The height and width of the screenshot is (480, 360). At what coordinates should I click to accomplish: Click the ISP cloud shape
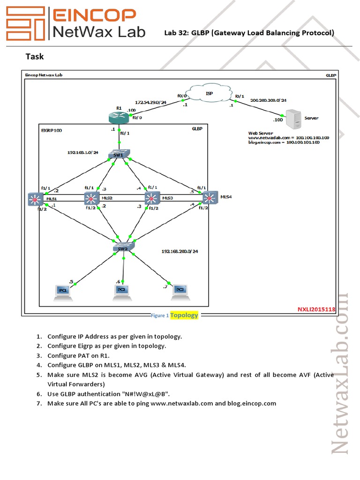tap(209, 94)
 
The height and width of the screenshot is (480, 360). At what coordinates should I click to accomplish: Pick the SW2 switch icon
tap(123, 247)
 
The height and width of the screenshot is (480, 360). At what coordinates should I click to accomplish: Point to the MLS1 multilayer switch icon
tap(34, 199)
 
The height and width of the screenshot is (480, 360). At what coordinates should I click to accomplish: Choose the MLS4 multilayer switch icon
tap(211, 197)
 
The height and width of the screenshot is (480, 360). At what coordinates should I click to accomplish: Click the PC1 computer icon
tap(62, 290)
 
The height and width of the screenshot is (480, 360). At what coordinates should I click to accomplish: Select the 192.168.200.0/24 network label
tap(180, 251)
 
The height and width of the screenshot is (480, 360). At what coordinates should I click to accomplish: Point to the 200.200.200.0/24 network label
tap(269, 100)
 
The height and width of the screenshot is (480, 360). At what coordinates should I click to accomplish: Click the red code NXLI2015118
tap(316, 309)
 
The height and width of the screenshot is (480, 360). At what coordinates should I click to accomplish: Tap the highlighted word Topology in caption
tap(184, 315)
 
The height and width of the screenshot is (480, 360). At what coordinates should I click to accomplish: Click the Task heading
tap(34, 57)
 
